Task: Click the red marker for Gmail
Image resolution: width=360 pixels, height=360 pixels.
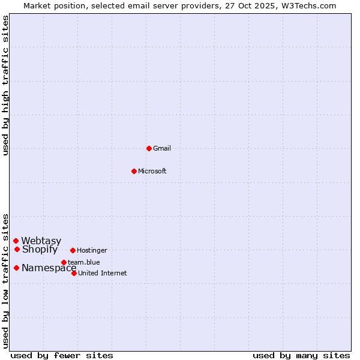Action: [149, 148]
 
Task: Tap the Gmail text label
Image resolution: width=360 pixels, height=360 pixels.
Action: [162, 149]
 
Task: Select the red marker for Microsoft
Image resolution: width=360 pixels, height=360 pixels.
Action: [134, 171]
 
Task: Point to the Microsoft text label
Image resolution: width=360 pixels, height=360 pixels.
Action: [152, 172]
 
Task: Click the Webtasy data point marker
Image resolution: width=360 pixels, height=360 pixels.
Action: [16, 241]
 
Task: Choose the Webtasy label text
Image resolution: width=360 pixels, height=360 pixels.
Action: [41, 241]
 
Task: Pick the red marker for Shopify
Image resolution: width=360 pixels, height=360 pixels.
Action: [17, 249]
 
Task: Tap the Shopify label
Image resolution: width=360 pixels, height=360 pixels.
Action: [40, 250]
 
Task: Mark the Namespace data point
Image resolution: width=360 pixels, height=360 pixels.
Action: [16, 268]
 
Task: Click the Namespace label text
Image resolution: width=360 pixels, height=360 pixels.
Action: [49, 268]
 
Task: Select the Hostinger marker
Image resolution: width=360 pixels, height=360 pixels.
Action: [73, 250]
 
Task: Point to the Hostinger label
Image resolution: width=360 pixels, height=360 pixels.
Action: [92, 251]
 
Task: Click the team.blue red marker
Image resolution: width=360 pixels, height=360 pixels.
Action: [64, 262]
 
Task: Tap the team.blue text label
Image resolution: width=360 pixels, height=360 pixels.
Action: [84, 262]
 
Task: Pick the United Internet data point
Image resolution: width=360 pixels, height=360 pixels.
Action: [74, 273]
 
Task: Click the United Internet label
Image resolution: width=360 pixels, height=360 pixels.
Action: [103, 274]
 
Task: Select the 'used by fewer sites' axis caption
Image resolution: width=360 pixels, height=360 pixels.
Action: [62, 355]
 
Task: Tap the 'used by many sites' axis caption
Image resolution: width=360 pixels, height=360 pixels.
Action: [301, 355]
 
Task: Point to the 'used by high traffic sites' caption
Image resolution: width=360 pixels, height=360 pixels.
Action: [6, 86]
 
